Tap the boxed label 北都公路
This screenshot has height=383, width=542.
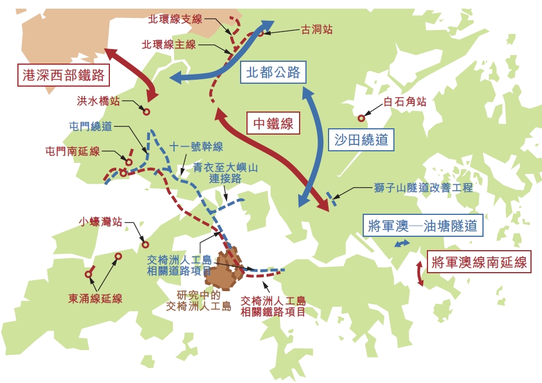[273, 72]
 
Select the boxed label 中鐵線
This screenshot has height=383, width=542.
[274, 123]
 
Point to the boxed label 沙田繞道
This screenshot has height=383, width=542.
[362, 139]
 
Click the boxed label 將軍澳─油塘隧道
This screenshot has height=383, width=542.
[422, 226]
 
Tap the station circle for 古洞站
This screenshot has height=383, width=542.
[261, 33]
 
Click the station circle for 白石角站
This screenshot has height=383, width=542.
[362, 118]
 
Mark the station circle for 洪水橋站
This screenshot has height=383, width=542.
[146, 112]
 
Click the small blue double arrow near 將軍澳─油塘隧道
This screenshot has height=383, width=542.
[400, 245]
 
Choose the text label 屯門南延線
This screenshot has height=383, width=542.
[73, 151]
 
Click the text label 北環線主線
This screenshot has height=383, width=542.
[169, 44]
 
